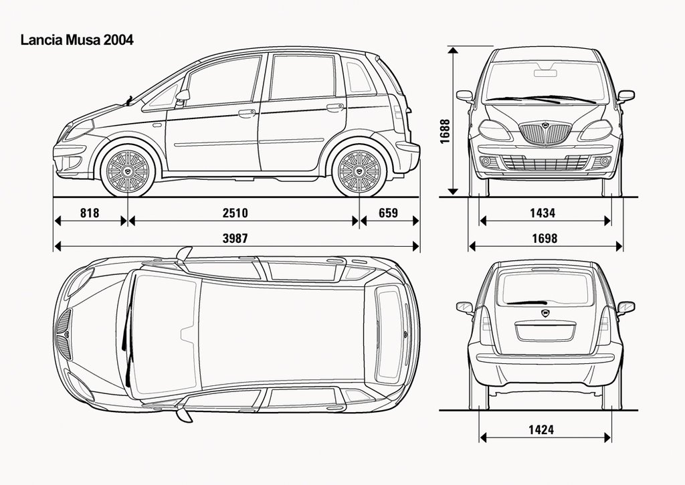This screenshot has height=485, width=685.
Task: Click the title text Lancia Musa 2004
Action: (77, 40)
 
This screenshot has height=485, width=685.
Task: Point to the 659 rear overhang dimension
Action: (387, 213)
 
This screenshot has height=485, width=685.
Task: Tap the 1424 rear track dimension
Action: (541, 429)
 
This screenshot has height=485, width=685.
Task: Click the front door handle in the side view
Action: (247, 113)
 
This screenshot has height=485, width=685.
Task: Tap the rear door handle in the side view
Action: (334, 107)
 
